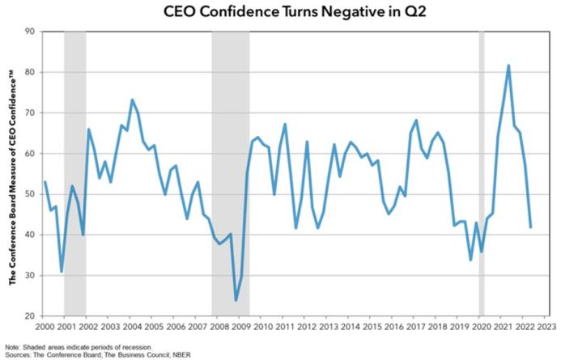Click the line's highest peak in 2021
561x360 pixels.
point(508,66)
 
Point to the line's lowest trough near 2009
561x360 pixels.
point(236,300)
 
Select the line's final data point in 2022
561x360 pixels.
point(531,227)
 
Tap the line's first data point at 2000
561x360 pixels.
point(44,181)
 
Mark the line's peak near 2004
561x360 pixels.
point(132,100)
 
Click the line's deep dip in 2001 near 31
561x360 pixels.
point(61,272)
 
